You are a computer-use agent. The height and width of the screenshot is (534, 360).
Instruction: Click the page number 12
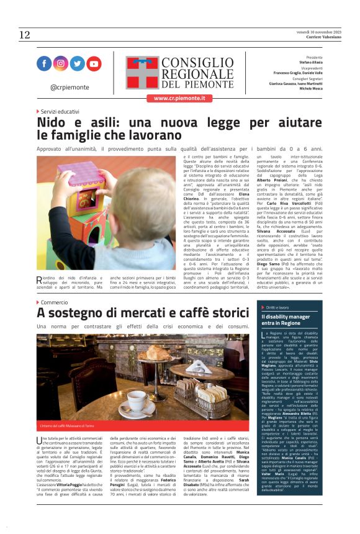[x=24, y=35]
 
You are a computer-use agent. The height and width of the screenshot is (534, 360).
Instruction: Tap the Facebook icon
[x=44, y=63]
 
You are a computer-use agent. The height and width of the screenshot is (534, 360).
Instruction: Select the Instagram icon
[x=61, y=63]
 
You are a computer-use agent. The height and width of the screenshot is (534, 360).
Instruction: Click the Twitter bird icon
[x=77, y=63]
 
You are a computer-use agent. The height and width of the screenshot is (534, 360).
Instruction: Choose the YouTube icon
[x=94, y=63]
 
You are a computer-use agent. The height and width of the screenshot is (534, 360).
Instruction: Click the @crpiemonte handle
[x=70, y=87]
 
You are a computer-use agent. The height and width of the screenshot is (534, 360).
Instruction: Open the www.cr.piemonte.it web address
[x=179, y=98]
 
